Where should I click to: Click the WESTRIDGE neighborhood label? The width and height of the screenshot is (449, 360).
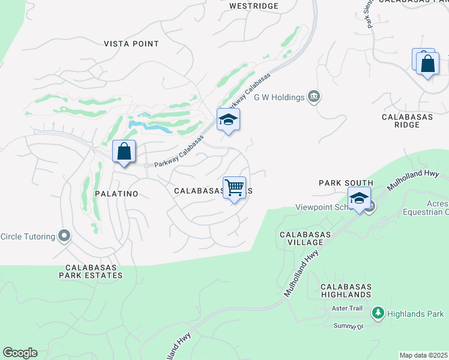pos(254,6)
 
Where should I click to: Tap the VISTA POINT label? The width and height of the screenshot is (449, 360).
pos(131,44)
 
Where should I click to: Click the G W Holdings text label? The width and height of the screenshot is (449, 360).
pos(279,97)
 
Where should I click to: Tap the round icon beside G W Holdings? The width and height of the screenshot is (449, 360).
pos(313,97)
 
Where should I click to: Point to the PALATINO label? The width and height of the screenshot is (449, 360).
pos(116,194)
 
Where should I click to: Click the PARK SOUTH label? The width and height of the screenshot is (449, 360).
pos(346,183)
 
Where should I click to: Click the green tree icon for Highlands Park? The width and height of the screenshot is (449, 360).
pos(378,313)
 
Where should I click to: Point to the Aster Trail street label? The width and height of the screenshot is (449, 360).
pos(348,308)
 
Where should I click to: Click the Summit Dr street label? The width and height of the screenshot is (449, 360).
pos(349,326)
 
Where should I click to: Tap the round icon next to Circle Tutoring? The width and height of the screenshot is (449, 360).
pos(64,236)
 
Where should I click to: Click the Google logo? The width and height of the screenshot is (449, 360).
pos(20,353)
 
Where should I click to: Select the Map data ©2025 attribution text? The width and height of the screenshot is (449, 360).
pos(423,355)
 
